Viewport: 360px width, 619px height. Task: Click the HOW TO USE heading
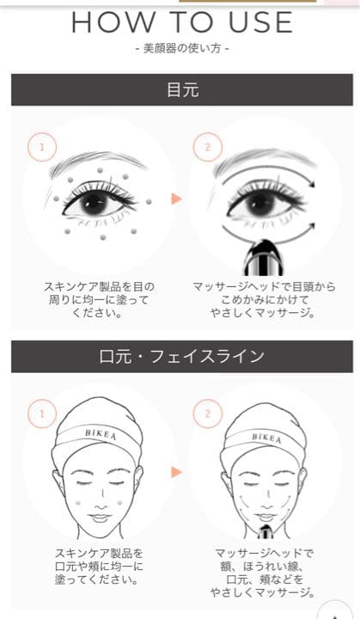tap(182, 22)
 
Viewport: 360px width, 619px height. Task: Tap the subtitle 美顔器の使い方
tap(182, 48)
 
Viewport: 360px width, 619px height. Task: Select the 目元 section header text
tap(182, 89)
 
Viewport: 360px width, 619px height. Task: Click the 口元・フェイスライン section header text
tap(181, 356)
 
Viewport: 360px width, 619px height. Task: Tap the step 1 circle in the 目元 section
tap(42, 147)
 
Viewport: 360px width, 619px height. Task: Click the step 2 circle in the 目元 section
tap(208, 147)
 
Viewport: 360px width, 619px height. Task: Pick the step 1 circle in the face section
tap(42, 414)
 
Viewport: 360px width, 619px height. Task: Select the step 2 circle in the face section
tap(208, 414)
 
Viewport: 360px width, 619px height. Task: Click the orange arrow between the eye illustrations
tap(176, 199)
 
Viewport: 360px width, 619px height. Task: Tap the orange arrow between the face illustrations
tap(176, 472)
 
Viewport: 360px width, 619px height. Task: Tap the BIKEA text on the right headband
tap(267, 438)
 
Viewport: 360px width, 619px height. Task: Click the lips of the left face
tap(101, 517)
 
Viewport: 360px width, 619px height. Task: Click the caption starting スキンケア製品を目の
tap(99, 300)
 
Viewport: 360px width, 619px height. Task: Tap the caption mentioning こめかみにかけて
tap(264, 300)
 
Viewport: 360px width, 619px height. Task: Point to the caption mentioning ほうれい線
tap(263, 573)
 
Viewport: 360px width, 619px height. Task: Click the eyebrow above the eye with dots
tap(100, 161)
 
